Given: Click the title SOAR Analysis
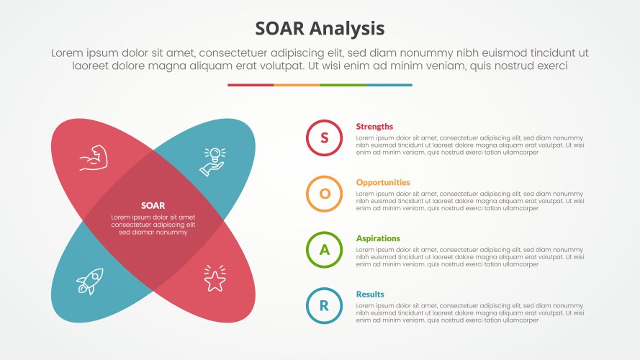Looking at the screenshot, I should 320,28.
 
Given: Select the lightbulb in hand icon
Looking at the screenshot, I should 213,161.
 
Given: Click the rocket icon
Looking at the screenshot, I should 90,280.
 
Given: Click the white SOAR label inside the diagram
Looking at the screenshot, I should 153,205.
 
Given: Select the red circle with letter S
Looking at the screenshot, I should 324,138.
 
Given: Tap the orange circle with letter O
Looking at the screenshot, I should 324,194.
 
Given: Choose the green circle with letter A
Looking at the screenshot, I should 324,250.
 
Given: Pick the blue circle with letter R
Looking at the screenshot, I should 324,305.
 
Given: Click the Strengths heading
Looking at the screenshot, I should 374,127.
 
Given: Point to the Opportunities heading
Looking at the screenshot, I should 383,183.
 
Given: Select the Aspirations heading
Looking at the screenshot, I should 378,238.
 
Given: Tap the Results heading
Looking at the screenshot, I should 370,294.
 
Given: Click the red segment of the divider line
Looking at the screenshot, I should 251,85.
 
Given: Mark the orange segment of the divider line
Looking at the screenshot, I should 297,85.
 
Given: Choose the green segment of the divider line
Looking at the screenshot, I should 343,85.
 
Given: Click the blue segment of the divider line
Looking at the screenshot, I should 389,85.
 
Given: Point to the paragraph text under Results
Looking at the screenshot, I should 469,313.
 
